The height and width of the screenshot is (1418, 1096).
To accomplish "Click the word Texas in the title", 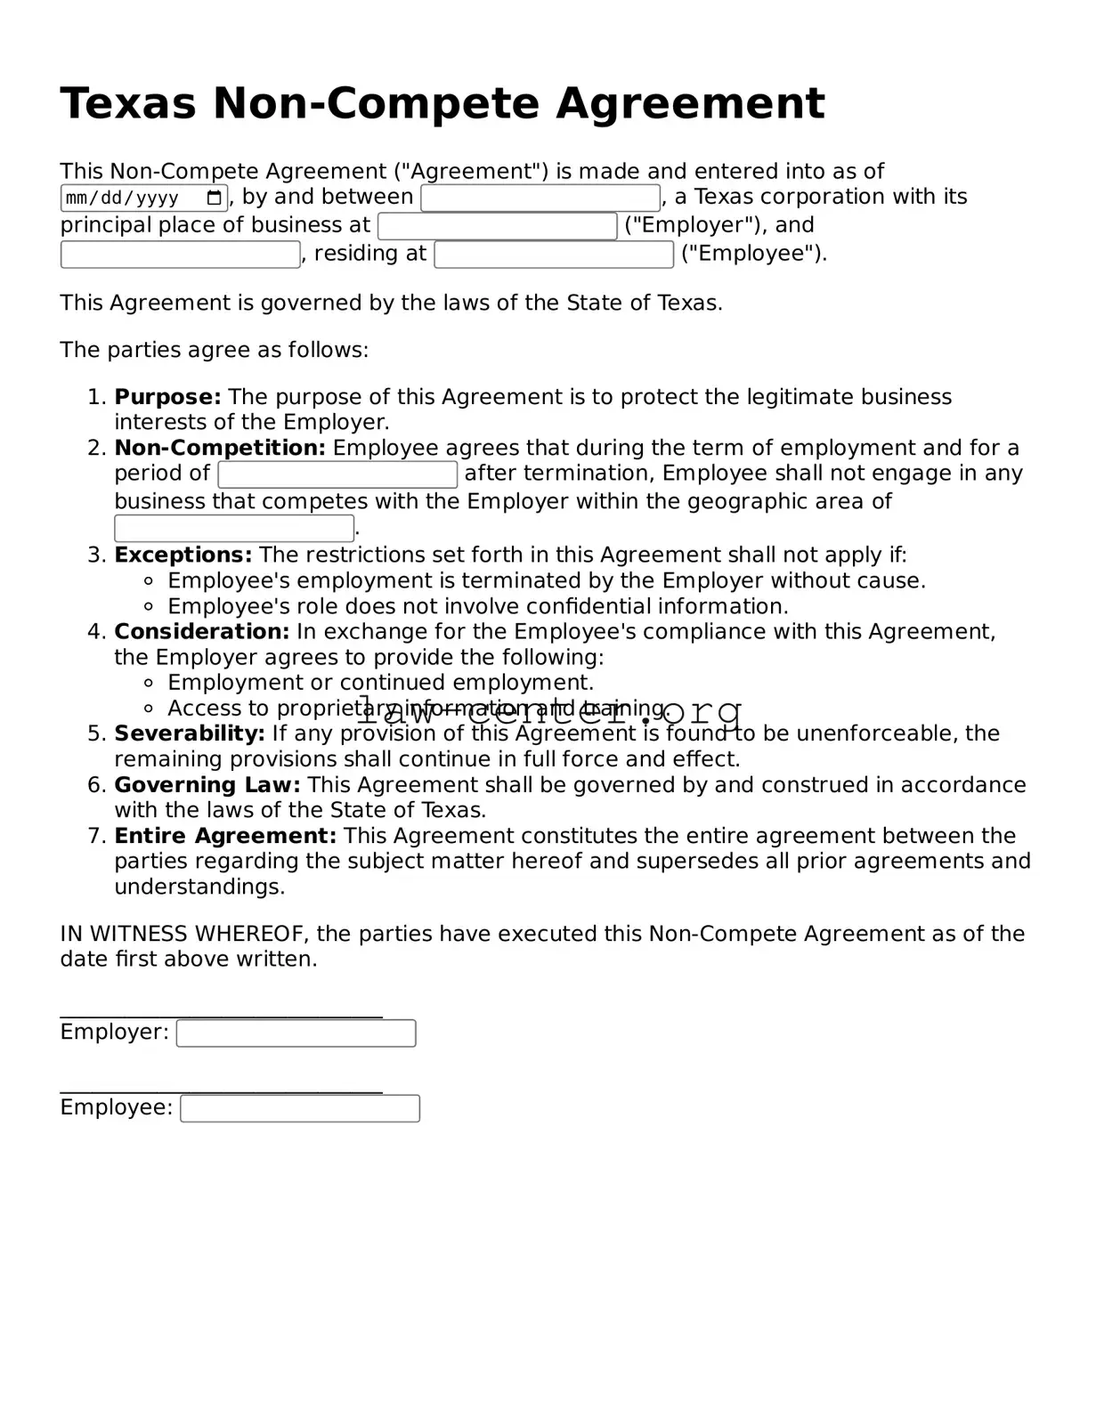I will pyautogui.click(x=127, y=103).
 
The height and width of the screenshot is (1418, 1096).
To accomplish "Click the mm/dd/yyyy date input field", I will pyautogui.click(x=134, y=198).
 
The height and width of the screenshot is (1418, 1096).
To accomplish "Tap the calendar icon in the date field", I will pyautogui.click(x=214, y=198).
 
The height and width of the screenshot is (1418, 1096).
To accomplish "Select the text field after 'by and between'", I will pyautogui.click(x=540, y=198).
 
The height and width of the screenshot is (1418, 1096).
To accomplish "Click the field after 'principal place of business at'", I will pyautogui.click(x=497, y=226).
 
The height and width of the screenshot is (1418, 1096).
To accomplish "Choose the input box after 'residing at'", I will pyautogui.click(x=554, y=255).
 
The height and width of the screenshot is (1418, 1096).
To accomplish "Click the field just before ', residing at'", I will pyautogui.click(x=180, y=255).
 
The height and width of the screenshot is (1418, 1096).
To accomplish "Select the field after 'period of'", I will pyautogui.click(x=337, y=474).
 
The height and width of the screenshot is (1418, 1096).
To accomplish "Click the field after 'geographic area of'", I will pyautogui.click(x=234, y=528).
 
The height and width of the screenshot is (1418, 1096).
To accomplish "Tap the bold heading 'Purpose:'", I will pyautogui.click(x=167, y=397).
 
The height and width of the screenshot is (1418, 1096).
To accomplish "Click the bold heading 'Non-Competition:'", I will pyautogui.click(x=220, y=448).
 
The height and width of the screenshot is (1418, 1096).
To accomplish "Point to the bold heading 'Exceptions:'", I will pyautogui.click(x=183, y=555).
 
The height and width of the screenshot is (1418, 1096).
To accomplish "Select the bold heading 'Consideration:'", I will pyautogui.click(x=201, y=632).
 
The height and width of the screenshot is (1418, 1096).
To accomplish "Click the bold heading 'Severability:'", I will pyautogui.click(x=190, y=733).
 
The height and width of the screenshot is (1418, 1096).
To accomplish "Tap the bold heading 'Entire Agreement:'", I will pyautogui.click(x=225, y=836).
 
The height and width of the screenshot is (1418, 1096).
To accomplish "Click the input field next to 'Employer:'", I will pyautogui.click(x=296, y=1033).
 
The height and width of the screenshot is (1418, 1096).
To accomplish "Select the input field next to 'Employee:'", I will pyautogui.click(x=299, y=1108).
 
